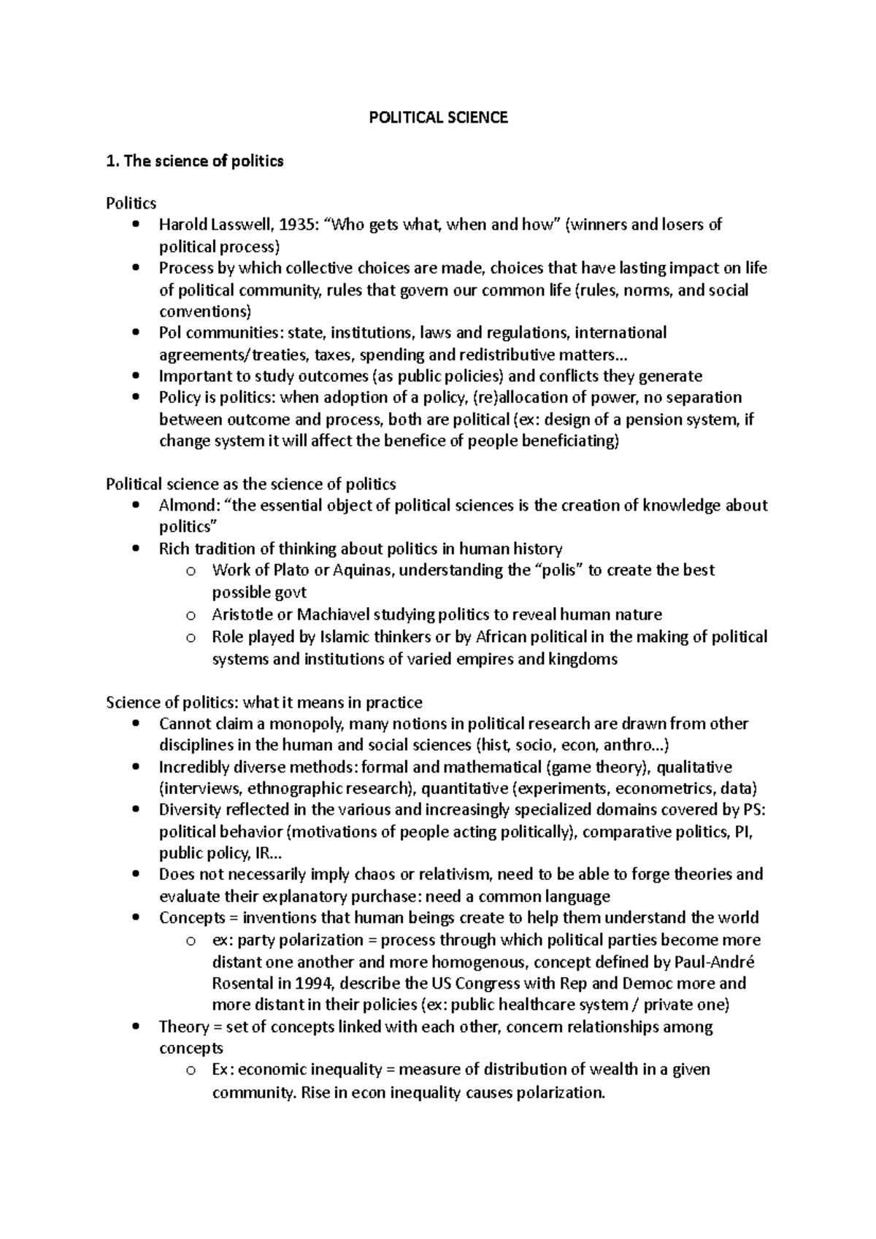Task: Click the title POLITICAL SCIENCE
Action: coord(438,117)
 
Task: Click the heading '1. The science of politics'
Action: coord(195,161)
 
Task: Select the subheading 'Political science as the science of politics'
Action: coord(251,484)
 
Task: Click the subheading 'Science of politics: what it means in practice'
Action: coord(264,703)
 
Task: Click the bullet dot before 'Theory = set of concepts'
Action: coord(137,1027)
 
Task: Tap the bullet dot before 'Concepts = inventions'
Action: coord(137,918)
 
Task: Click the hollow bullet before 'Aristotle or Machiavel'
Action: coord(191,615)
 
